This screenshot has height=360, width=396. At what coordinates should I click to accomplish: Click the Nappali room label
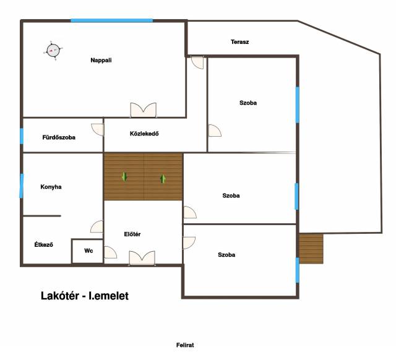[101, 61]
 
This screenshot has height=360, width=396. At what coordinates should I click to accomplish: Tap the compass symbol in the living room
[53, 51]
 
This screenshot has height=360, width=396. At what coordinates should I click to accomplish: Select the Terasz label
[239, 42]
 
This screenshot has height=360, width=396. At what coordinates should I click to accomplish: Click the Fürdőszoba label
[59, 137]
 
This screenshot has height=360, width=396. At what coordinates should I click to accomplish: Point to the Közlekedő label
[144, 134]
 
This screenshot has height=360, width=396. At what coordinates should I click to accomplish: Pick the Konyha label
[51, 187]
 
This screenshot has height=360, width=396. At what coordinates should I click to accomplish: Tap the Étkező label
[44, 244]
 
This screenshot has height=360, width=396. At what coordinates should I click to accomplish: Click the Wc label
[88, 251]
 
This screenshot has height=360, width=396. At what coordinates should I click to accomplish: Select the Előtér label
[132, 234]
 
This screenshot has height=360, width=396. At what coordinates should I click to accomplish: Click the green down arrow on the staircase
[124, 177]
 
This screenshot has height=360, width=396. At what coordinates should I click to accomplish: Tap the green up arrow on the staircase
[163, 179]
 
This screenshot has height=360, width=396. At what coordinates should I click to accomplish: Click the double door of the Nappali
[143, 110]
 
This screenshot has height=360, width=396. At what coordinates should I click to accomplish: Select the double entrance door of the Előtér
[142, 258]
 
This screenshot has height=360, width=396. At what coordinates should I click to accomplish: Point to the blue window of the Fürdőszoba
[22, 136]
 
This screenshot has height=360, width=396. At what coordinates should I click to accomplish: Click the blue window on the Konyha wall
[22, 186]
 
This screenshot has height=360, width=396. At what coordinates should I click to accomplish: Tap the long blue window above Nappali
[111, 20]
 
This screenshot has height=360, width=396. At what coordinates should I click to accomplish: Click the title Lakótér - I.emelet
[85, 296]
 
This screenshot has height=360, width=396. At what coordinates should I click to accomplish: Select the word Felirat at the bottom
[185, 345]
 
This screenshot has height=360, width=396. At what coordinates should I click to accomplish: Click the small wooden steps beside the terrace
[311, 249]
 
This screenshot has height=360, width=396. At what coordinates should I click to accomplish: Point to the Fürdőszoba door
[98, 129]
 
